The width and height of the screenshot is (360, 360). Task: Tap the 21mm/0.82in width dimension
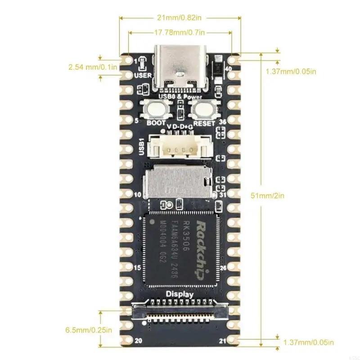pyautogui.click(x=180, y=18)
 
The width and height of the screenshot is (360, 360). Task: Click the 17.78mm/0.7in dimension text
pyautogui.click(x=180, y=32)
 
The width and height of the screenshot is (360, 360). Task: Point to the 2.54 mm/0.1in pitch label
pyautogui.click(x=93, y=67)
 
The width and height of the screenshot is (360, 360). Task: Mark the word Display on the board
pyautogui.click(x=180, y=294)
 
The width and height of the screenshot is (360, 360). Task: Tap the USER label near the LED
pyautogui.click(x=143, y=75)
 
